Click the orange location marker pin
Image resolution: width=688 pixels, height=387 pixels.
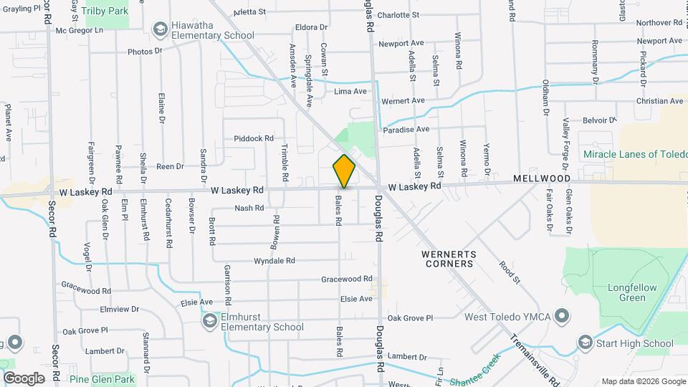[344, 171]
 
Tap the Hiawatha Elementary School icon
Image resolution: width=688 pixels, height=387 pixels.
[159, 29]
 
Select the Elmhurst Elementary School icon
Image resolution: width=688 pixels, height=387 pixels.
[209, 321]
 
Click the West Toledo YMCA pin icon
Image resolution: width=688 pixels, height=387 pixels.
[562, 316]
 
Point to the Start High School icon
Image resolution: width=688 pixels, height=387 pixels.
[586, 343]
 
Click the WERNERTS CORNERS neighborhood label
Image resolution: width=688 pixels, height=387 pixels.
[448, 258]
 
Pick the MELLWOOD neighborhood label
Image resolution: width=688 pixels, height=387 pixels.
[541, 178]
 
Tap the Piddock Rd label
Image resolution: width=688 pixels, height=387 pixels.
[254, 138]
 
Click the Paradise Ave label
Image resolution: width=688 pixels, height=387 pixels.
[406, 129]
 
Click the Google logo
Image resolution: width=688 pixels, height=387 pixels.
[24, 378]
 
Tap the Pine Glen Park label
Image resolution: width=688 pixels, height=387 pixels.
[102, 378]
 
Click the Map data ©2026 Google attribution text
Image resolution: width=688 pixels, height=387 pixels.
[643, 381]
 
